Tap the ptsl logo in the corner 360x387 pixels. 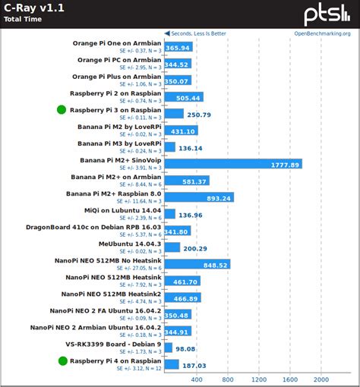click(x=327, y=14)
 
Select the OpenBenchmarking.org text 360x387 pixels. click(x=322, y=33)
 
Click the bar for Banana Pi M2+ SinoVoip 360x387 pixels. click(x=232, y=163)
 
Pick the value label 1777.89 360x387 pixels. click(x=286, y=164)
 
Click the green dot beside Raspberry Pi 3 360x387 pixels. click(x=62, y=110)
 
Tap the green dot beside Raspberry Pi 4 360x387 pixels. click(x=62, y=360)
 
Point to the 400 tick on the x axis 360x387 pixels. click(x=196, y=379)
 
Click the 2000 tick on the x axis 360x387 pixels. click(x=321, y=379)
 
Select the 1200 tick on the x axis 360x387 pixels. click(x=258, y=379)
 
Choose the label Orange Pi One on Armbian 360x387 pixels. click(x=116, y=43)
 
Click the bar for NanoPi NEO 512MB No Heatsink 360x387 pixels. click(x=197, y=265)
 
